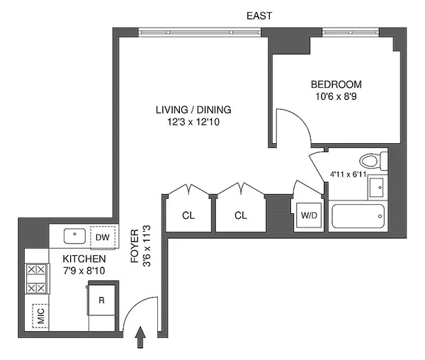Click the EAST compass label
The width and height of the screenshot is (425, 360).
[x=259, y=16]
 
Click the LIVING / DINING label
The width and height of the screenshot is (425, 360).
[x=193, y=110]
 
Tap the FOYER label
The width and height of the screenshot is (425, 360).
[x=136, y=246]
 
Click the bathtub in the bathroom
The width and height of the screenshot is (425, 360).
[x=358, y=213]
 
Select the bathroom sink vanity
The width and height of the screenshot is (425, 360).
[x=376, y=186]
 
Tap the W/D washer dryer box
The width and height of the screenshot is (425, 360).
[x=309, y=215]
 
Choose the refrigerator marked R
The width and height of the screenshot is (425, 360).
[x=102, y=300]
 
